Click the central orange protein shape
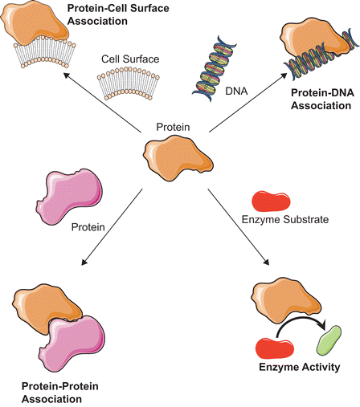(178, 158)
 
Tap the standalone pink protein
(69, 197)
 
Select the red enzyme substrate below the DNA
(271, 201)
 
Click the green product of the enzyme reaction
(329, 340)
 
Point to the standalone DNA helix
(214, 68)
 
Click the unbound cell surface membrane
(129, 83)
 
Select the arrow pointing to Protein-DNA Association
(247, 102)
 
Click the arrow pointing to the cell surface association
(102, 102)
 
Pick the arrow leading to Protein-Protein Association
(112, 227)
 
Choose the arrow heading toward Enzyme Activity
(239, 227)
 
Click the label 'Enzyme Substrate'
(285, 220)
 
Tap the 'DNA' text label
(236, 92)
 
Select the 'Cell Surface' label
(130, 59)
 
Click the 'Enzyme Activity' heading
(300, 367)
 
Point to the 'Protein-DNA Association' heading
(322, 99)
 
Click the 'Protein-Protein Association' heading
(60, 393)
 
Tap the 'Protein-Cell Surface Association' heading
(118, 14)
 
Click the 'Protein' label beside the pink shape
(88, 227)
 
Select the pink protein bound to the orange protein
(72, 344)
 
